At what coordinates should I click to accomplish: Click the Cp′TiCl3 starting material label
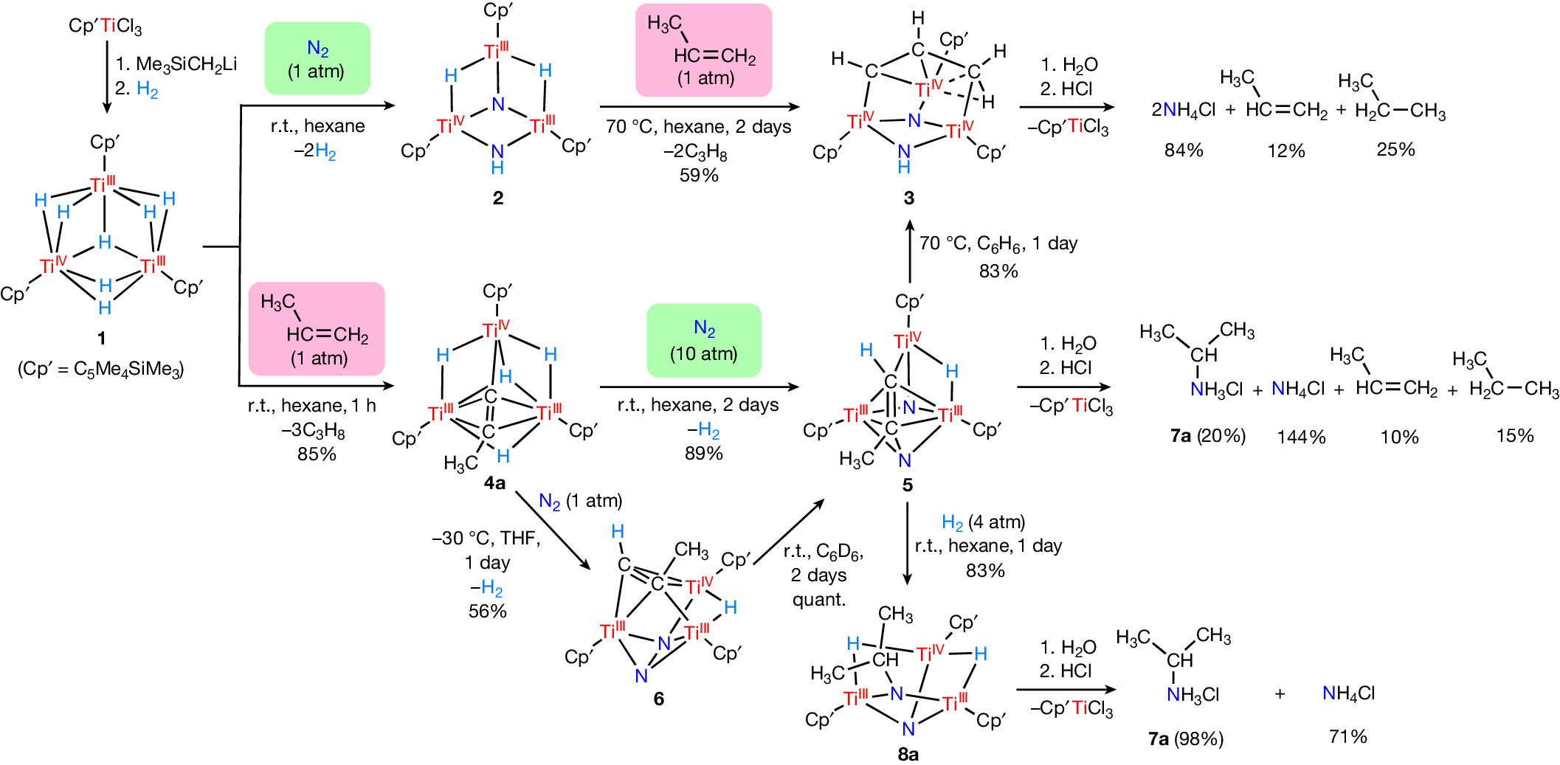coord(105,27)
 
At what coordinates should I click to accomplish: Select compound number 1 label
coord(101,338)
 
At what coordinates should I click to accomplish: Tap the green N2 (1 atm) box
coord(317,58)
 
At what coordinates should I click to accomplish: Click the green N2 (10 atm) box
coord(704,341)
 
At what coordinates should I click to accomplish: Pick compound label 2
coord(498,198)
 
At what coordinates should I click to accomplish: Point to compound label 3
coord(908,198)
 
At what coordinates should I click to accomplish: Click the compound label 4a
coord(494,483)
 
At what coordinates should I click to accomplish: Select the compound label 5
coord(907,485)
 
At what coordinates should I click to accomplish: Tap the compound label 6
coord(658,699)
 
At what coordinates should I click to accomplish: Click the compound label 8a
coord(908,754)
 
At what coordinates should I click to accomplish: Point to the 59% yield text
coord(699,176)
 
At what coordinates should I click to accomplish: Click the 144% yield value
coord(1301,437)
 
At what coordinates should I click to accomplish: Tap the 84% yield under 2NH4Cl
coord(1184,150)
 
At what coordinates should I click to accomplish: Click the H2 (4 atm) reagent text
coord(983,523)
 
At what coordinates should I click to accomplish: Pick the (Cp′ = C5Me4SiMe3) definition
coord(101,369)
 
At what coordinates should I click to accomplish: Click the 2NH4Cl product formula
coord(1183,111)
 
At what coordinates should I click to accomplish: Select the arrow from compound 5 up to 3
coord(910,251)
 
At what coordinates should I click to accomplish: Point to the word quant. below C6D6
coord(819,600)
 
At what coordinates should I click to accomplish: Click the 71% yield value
coord(1347,736)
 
